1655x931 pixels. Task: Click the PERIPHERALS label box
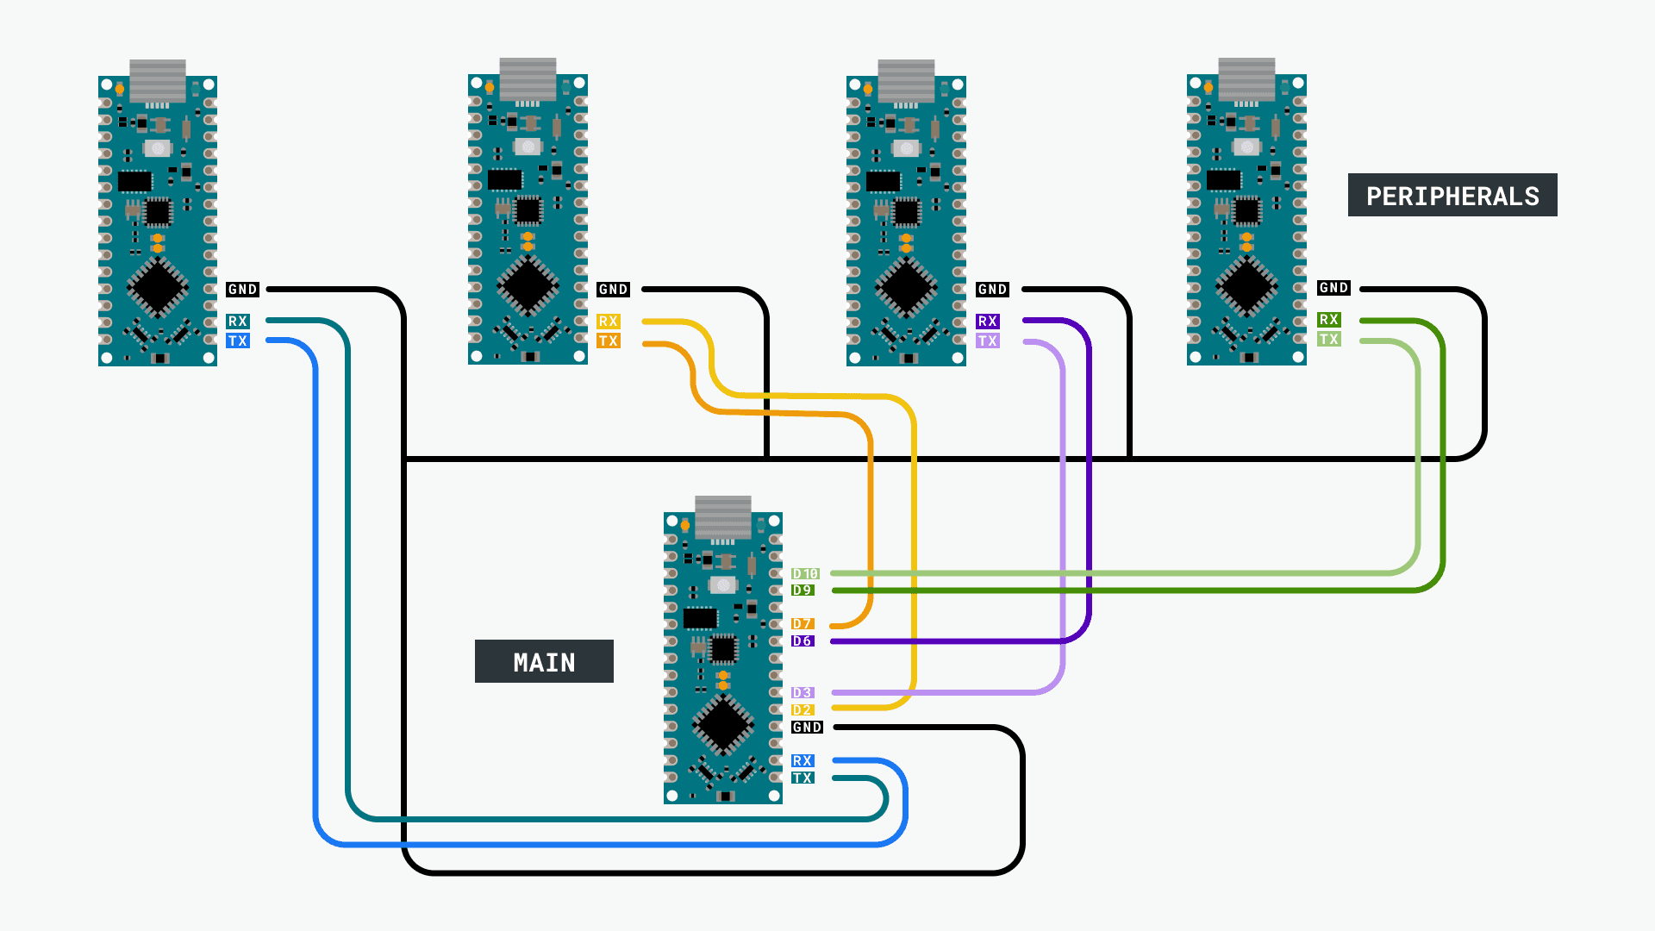1452,196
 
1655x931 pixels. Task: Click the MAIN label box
544,661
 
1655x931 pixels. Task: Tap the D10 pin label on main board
805,573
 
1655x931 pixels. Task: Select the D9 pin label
803,590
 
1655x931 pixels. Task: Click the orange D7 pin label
803,623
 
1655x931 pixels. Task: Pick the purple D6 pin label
803,640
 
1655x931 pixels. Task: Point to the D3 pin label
803,692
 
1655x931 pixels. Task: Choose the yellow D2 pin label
803,709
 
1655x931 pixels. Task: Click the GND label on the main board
807,727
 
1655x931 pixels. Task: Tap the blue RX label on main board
803,760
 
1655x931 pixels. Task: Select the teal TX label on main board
803,778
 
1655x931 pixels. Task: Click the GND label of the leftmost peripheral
242,290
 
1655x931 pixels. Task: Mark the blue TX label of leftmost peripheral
238,341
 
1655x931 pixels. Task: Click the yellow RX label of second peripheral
609,321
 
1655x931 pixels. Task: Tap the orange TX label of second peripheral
609,341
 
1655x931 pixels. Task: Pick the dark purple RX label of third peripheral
987,321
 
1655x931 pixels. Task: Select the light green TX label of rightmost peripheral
1328,339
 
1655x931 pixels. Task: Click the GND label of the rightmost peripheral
1333,288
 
